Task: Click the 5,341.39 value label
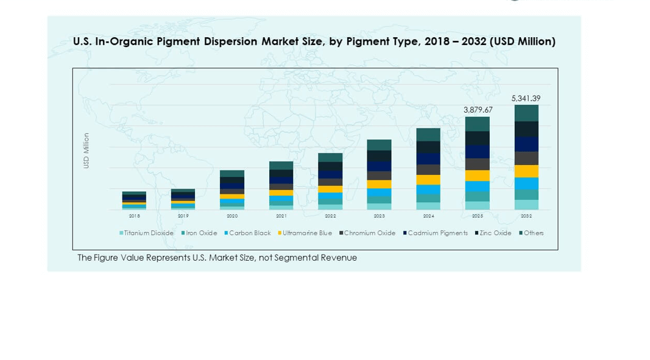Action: coord(526,98)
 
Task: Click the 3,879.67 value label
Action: coord(478,110)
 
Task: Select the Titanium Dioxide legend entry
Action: coord(147,233)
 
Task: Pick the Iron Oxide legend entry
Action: coord(200,233)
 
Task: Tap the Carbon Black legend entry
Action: coord(248,233)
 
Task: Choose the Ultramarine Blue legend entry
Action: coord(305,233)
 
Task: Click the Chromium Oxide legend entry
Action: coord(368,233)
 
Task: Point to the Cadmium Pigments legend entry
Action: coord(436,233)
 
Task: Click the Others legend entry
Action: coord(532,233)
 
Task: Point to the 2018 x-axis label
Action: coord(134,216)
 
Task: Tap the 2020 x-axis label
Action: coord(232,216)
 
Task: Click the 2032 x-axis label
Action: coord(526,216)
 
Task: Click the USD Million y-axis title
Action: coord(87,150)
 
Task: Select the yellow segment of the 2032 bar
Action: coord(526,171)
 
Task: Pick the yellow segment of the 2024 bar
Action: coord(428,180)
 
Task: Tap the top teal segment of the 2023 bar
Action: coord(379,145)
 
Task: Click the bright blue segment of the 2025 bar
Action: coord(477,186)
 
